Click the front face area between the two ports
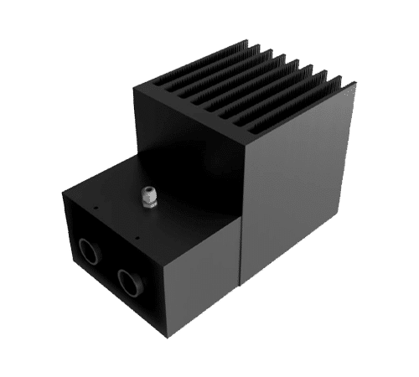coord(109,263)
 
